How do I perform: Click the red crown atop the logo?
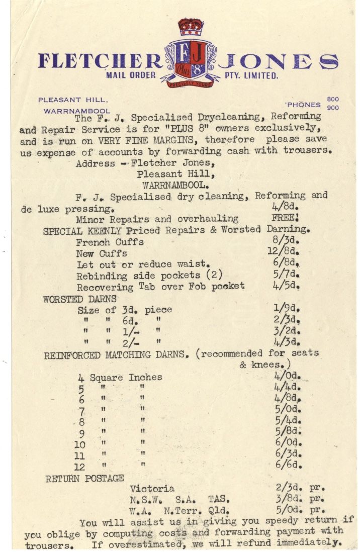point(190,27)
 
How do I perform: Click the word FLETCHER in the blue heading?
point(100,61)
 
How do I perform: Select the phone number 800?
point(332,100)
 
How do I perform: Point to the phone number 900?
point(332,108)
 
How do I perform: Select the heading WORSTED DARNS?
point(79,299)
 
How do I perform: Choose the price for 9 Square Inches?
point(287,431)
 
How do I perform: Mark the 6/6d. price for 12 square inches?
point(287,465)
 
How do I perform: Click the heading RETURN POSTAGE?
point(84,478)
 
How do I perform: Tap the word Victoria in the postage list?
point(152,488)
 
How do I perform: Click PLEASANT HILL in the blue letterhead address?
point(73,100)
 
